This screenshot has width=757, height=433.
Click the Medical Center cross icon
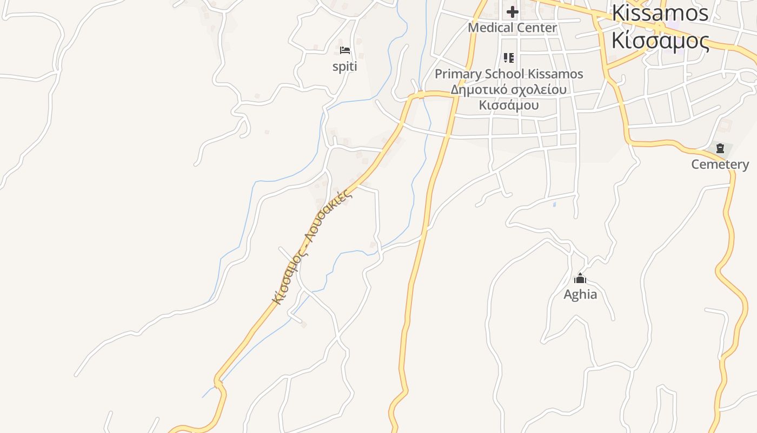click(512, 11)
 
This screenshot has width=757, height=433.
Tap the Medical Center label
click(512, 28)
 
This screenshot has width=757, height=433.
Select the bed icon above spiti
click(345, 51)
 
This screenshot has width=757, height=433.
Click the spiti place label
click(344, 67)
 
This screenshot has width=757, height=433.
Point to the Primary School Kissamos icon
click(509, 57)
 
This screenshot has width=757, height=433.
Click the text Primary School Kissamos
click(509, 74)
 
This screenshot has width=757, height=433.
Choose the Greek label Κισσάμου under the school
click(509, 104)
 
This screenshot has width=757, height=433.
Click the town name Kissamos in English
click(660, 13)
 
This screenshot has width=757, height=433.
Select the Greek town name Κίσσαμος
click(660, 41)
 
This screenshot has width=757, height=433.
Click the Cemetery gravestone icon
click(720, 148)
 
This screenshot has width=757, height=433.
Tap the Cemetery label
click(720, 165)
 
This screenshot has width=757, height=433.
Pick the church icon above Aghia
click(580, 279)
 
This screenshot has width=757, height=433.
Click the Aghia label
click(580, 294)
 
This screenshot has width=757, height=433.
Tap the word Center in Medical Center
click(535, 28)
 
